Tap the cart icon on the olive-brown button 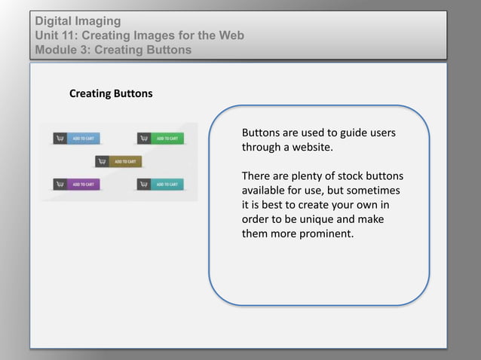(102, 161)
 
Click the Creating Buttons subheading (111, 94)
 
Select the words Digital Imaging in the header (78, 21)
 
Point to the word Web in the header (229, 35)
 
